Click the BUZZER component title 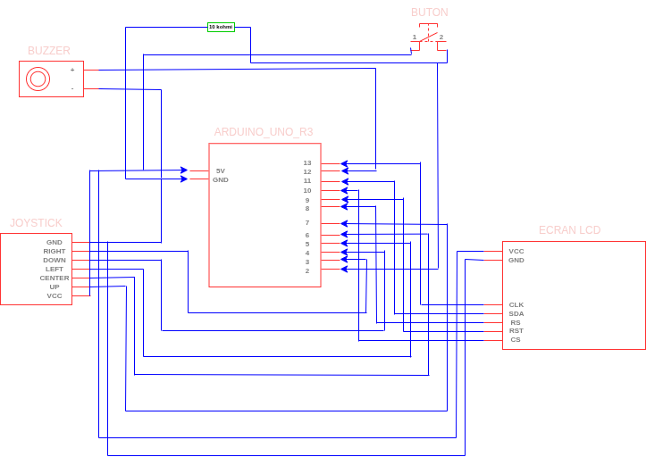point(48,51)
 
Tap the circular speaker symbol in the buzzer point(38,79)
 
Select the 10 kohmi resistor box point(221,27)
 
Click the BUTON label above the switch point(429,12)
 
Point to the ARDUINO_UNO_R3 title point(264,132)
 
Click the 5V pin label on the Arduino point(220,170)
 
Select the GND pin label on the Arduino point(220,179)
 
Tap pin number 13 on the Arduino point(306,163)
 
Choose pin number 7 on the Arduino point(306,223)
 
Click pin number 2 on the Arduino point(306,270)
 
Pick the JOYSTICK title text point(36,223)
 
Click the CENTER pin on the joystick point(54,278)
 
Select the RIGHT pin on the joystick point(54,251)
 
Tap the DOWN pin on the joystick point(54,260)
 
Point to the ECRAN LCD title point(569,230)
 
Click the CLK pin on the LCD point(516,304)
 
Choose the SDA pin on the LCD point(516,313)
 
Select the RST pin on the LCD point(516,330)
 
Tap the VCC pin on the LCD point(516,251)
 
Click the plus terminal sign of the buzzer point(72,70)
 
